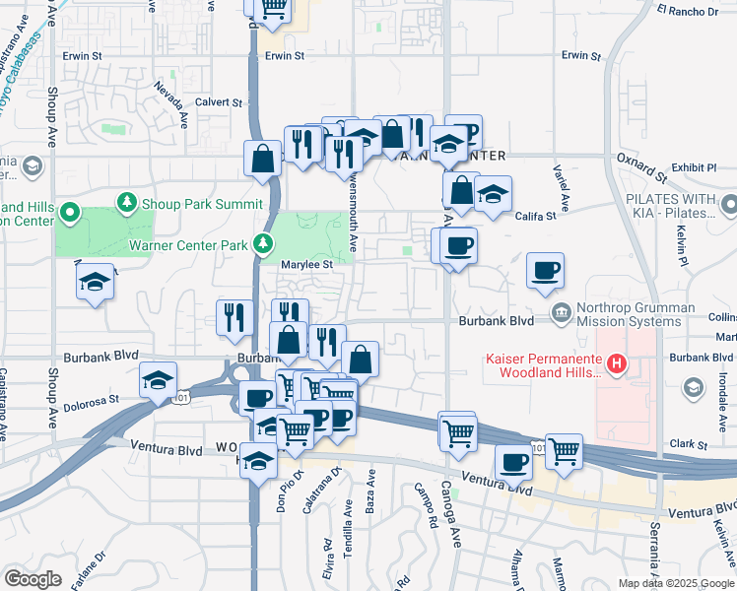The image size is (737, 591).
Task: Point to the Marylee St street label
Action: coord(302,264)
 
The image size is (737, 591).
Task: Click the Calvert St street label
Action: coord(218,102)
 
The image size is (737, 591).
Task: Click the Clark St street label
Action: coord(690,445)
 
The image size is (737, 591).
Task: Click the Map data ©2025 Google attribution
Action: coord(676,583)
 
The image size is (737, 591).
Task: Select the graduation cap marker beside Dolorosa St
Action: coord(158,380)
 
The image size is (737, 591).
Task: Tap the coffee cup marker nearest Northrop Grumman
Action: coord(545,270)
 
